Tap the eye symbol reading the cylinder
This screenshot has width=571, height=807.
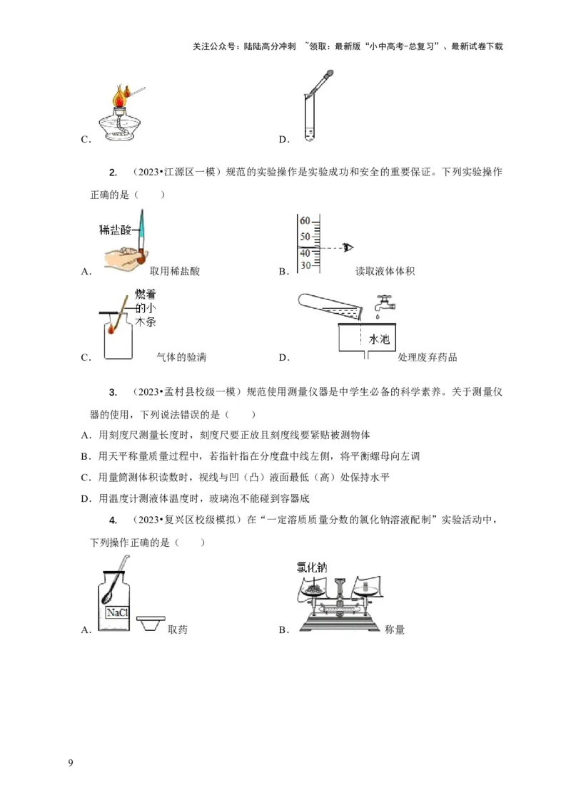click(x=349, y=247)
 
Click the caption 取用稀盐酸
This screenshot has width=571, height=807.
click(x=175, y=271)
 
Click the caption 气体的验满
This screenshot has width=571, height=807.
click(x=180, y=357)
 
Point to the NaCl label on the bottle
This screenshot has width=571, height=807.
click(x=116, y=612)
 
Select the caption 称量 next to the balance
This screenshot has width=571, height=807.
click(x=395, y=629)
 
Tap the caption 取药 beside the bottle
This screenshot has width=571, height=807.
click(x=178, y=629)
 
